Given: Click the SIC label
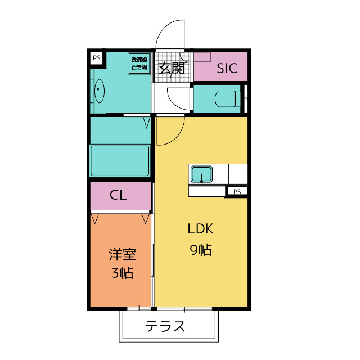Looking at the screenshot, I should click(x=227, y=69).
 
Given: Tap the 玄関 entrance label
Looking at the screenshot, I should click(x=171, y=68).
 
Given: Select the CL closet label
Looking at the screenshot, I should click(x=118, y=195).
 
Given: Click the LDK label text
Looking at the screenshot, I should click(x=200, y=229).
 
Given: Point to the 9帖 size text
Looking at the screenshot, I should click(x=200, y=250).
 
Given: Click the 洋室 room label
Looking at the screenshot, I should click(x=122, y=254).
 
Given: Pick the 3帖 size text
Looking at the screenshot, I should click(x=122, y=274).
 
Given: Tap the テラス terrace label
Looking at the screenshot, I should click(x=165, y=326).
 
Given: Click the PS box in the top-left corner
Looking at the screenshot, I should click(x=96, y=57).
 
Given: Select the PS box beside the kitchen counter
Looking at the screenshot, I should click(x=237, y=191).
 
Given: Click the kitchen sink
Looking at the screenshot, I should click(x=201, y=174).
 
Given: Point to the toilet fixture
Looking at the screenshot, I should click(x=227, y=98).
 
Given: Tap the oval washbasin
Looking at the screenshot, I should click(x=100, y=91).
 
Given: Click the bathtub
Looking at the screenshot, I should click(x=120, y=161).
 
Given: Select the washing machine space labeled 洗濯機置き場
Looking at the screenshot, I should click(x=138, y=63).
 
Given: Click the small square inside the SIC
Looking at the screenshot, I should click(x=202, y=56).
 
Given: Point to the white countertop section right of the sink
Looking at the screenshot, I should click(x=237, y=173).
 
